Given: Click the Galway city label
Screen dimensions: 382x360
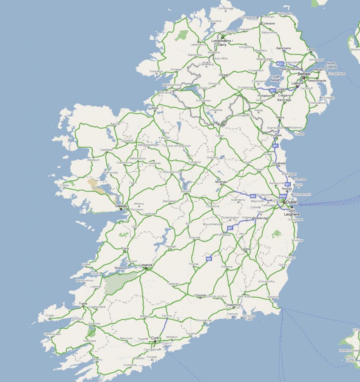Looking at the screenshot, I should click(x=121, y=206).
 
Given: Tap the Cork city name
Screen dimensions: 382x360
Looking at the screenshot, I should click(x=155, y=338).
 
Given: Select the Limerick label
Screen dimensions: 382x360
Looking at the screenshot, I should click(x=146, y=265).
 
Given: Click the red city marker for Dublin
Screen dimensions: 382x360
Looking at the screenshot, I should click(x=284, y=202).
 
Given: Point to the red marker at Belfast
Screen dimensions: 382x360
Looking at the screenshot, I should click(x=304, y=78).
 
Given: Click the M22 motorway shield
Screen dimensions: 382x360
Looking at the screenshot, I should click(x=280, y=64).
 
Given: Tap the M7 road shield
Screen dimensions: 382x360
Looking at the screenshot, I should click(x=230, y=228).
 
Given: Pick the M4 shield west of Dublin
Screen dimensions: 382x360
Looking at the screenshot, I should click(x=253, y=196).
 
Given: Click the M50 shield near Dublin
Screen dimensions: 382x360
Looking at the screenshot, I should click(x=283, y=196).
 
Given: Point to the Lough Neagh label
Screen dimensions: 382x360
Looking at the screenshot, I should click(x=275, y=78).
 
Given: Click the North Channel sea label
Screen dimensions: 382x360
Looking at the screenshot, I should click(x=331, y=65).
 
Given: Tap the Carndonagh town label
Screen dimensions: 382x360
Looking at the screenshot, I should click(x=226, y=8).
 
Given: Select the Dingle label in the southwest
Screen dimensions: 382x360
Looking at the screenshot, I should click(x=49, y=315).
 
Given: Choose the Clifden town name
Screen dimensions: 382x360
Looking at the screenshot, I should click(x=64, y=185).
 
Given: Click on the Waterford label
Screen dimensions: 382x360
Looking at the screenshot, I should click(x=234, y=305).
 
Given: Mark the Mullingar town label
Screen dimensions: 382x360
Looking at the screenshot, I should click(x=221, y=182).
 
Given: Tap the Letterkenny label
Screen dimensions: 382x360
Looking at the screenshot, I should click(x=199, y=45).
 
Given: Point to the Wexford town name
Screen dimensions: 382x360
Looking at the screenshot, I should click(x=273, y=297).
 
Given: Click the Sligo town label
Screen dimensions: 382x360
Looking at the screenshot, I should click(x=155, y=108).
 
